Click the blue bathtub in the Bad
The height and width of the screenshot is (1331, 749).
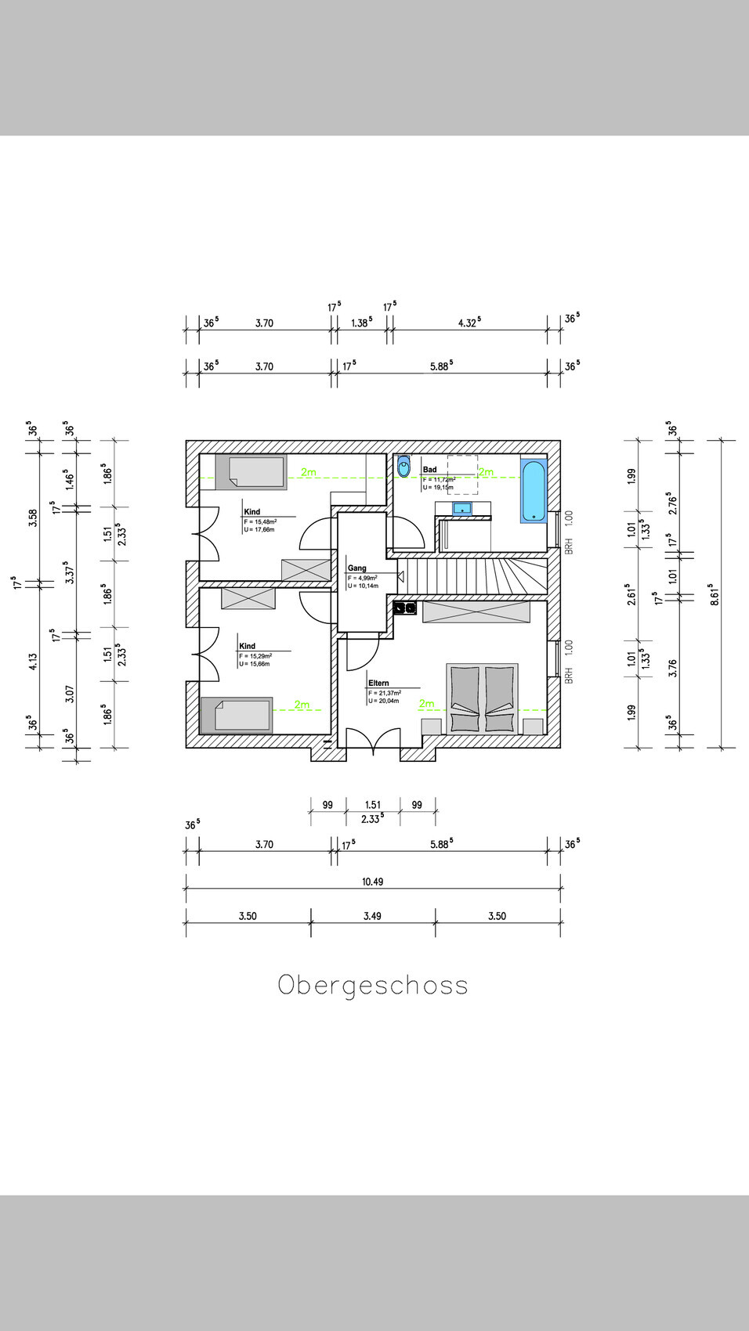[534, 491]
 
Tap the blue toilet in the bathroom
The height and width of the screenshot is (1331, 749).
[403, 467]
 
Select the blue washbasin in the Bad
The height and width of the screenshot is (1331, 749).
[462, 509]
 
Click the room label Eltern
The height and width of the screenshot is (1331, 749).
[378, 683]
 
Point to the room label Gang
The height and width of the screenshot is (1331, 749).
[357, 568]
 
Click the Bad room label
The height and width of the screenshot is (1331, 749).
[430, 470]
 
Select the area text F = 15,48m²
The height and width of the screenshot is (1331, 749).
[260, 521]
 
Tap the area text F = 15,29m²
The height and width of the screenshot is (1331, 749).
[255, 656]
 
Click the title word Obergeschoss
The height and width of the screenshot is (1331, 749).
[373, 985]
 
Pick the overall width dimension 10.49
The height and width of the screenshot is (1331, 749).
[373, 882]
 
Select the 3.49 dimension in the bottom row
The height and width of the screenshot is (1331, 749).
[372, 916]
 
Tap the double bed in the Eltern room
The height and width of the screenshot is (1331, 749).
[482, 698]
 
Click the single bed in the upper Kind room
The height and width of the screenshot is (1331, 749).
[252, 472]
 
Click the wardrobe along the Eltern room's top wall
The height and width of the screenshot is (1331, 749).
[476, 611]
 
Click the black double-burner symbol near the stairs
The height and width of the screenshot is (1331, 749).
[405, 607]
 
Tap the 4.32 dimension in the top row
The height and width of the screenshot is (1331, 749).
[469, 323]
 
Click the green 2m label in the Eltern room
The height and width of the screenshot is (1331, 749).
[426, 703]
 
